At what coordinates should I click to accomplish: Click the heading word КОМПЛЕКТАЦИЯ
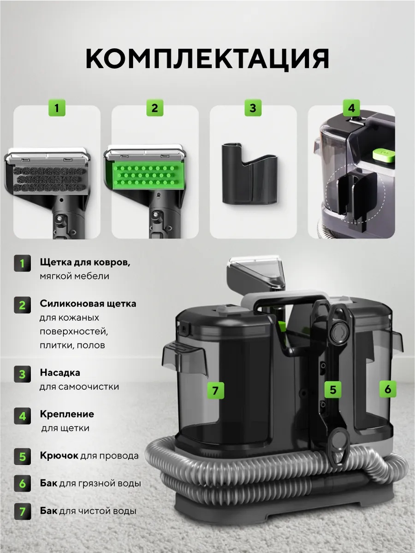pyautogui.click(x=207, y=59)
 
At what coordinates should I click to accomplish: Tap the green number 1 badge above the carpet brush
pyautogui.click(x=57, y=108)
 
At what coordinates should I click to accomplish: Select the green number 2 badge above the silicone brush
pyautogui.click(x=155, y=108)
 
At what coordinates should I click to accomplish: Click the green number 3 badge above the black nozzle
pyautogui.click(x=253, y=108)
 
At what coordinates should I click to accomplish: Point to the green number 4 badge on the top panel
pyautogui.click(x=351, y=108)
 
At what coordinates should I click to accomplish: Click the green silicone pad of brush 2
pyautogui.click(x=146, y=175)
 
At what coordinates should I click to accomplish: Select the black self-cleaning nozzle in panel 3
pyautogui.click(x=250, y=174)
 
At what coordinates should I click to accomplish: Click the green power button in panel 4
pyautogui.click(x=383, y=155)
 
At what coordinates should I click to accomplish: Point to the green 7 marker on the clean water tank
pyautogui.click(x=215, y=390)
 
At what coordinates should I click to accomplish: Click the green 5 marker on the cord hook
pyautogui.click(x=332, y=389)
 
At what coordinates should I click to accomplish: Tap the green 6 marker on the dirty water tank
pyautogui.click(x=388, y=389)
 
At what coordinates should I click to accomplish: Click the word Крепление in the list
pyautogui.click(x=67, y=414)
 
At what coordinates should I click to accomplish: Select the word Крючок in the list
pyautogui.click(x=59, y=455)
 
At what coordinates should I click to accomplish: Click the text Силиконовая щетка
pyautogui.click(x=88, y=304)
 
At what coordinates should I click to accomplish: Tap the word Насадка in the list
pyautogui.click(x=60, y=372)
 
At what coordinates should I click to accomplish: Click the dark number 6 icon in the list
pyautogui.click(x=23, y=483)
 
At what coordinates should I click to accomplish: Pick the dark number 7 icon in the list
pyautogui.click(x=23, y=511)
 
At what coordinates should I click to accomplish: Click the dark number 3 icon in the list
pyautogui.click(x=23, y=374)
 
